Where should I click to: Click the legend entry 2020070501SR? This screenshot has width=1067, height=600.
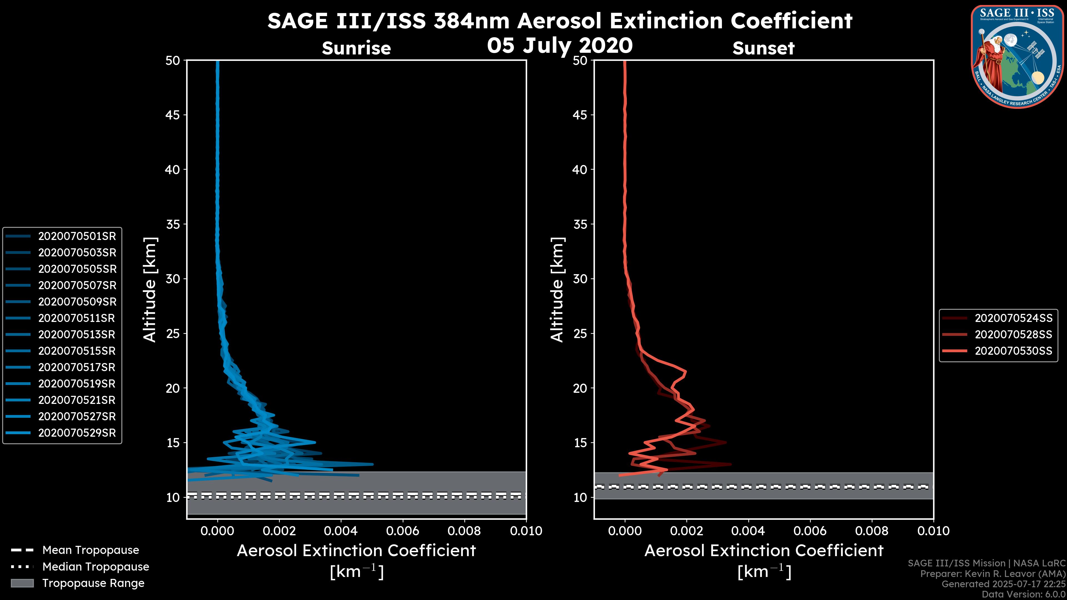coord(77,236)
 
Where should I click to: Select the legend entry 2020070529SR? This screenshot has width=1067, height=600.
coord(77,433)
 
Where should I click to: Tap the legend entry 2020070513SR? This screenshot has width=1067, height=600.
coord(77,334)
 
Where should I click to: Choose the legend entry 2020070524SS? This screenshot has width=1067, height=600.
coord(1013,318)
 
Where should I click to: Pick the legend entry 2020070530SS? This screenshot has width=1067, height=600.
coord(1013,351)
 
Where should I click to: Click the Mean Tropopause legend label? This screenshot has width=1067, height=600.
coord(91,550)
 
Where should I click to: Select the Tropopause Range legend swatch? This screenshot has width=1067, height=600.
coord(22,583)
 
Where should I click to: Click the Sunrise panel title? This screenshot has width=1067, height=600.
coord(356,48)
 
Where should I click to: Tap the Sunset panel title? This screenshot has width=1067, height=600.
coord(763,48)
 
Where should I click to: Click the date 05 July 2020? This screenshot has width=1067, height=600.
coord(560,46)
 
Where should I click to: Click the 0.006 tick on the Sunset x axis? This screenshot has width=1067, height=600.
coord(810,531)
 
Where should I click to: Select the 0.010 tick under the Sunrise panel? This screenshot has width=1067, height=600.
coord(526,531)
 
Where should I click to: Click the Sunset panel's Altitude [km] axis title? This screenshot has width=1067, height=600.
coord(557,290)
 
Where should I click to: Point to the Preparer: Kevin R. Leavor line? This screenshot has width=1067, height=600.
coord(993,574)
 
